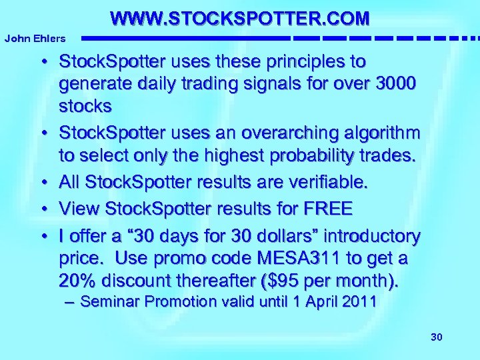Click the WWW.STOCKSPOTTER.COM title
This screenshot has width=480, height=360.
[239, 17]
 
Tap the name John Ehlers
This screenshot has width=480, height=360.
[35, 39]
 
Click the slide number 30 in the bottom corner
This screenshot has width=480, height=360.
[437, 337]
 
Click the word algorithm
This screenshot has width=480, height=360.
[388, 133]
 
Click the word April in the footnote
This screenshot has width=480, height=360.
[321, 301]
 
